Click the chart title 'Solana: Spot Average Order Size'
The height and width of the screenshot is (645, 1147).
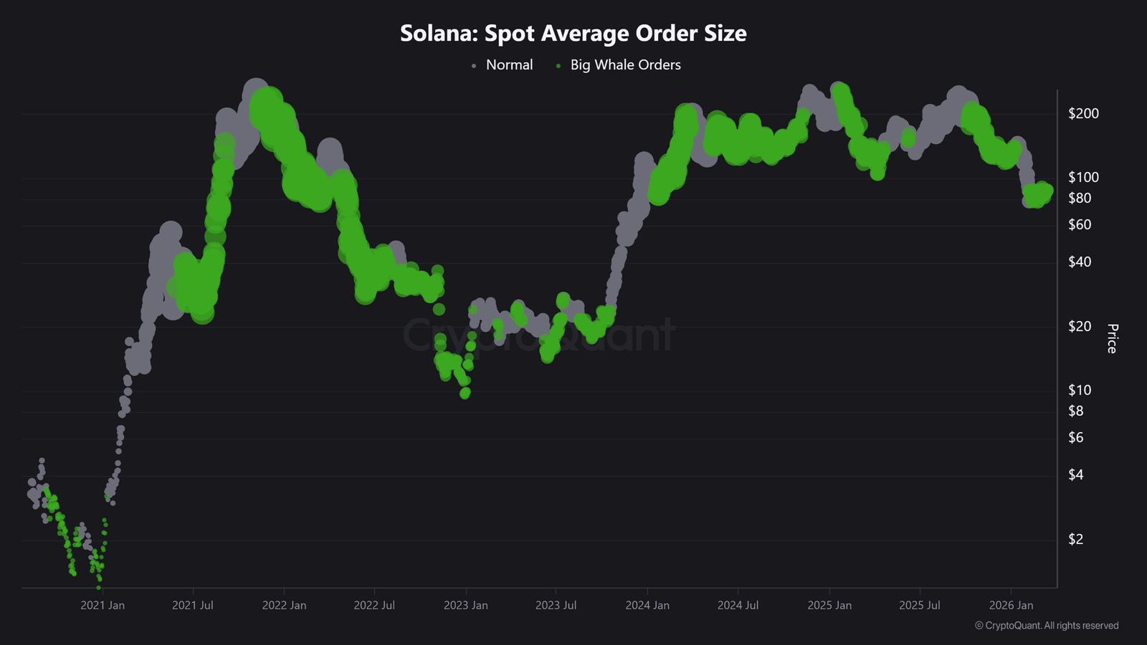pyautogui.click(x=573, y=33)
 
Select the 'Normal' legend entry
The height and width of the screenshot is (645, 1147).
pyautogui.click(x=509, y=64)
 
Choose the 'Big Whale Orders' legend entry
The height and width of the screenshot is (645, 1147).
pyautogui.click(x=625, y=64)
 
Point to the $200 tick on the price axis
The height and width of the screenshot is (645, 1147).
pyautogui.click(x=1082, y=113)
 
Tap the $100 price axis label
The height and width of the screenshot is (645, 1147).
pyautogui.click(x=1082, y=177)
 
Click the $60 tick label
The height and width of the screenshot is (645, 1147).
pyautogui.click(x=1079, y=225)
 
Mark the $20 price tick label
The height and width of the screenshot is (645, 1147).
pyautogui.click(x=1079, y=327)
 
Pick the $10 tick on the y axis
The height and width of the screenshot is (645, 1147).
pyautogui.click(x=1079, y=391)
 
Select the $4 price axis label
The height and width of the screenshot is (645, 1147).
pyautogui.click(x=1075, y=475)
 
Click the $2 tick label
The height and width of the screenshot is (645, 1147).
pyautogui.click(x=1075, y=540)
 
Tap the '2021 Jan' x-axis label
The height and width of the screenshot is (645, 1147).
pyautogui.click(x=103, y=606)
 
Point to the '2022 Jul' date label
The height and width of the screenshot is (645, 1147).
pyautogui.click(x=374, y=606)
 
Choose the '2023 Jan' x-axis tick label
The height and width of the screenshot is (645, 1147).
pyautogui.click(x=465, y=606)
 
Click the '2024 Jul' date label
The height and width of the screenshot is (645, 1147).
pyautogui.click(x=738, y=606)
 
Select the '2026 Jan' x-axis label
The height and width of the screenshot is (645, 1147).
pyautogui.click(x=1011, y=606)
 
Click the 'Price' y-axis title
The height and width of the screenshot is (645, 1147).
pyautogui.click(x=1112, y=338)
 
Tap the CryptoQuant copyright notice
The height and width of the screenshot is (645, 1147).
pyautogui.click(x=1046, y=626)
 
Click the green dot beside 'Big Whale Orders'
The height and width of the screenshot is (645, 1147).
pyautogui.click(x=558, y=66)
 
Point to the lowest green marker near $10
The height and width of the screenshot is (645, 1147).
pyautogui.click(x=465, y=393)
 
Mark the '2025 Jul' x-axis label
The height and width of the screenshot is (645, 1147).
pyautogui.click(x=920, y=606)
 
